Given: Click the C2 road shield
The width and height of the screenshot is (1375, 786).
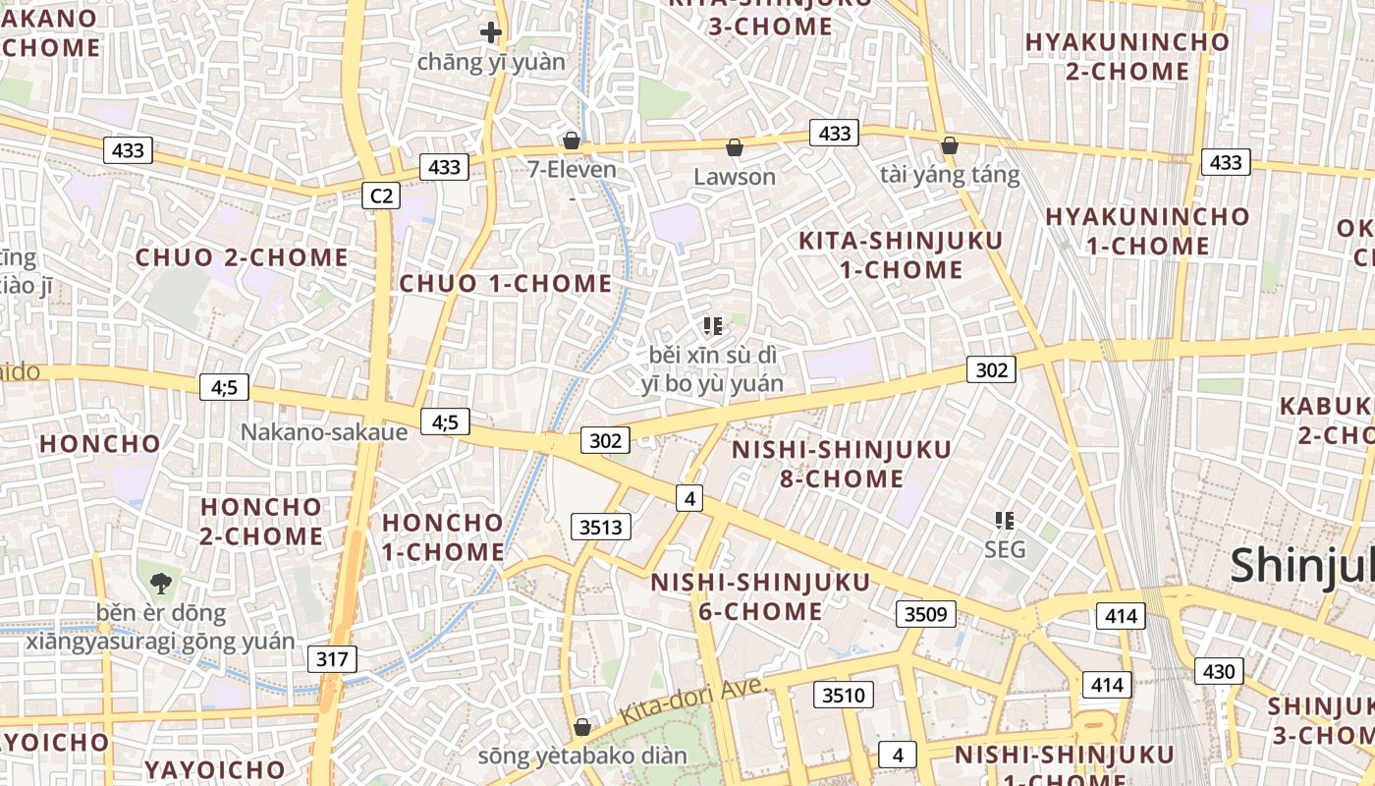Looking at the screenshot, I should click(381, 196).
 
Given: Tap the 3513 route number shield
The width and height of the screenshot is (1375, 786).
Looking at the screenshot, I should click(601, 527).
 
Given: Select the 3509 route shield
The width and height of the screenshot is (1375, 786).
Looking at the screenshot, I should click(925, 614).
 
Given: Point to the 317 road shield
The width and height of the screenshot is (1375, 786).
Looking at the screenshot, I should click(332, 658).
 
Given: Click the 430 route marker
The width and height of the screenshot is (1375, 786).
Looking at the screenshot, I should click(1219, 671).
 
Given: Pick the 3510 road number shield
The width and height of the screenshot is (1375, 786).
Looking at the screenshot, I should click(844, 696).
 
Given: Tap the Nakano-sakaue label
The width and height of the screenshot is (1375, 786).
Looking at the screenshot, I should click(324, 432).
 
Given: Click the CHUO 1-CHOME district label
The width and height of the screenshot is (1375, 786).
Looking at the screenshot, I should click(506, 284).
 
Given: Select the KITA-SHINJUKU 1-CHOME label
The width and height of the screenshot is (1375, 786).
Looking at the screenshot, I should click(901, 254).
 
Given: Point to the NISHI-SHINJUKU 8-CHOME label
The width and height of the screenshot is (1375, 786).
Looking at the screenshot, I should click(842, 464).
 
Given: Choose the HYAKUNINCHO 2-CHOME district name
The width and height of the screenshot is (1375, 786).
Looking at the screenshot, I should click(1127, 56).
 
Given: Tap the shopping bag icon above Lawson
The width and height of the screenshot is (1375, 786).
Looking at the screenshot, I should click(735, 148).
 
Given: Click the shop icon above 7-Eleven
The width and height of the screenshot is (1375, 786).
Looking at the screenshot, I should click(572, 141).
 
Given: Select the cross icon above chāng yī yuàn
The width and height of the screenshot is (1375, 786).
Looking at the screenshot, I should click(491, 32).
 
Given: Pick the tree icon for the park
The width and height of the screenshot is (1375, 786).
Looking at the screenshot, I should click(160, 583).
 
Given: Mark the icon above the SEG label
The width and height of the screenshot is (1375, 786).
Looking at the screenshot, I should click(1004, 520).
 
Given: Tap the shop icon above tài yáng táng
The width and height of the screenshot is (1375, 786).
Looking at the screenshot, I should click(949, 145).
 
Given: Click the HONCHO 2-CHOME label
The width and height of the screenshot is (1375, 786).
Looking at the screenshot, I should click(261, 522).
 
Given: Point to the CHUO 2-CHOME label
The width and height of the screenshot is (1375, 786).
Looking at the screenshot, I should click(242, 257).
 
